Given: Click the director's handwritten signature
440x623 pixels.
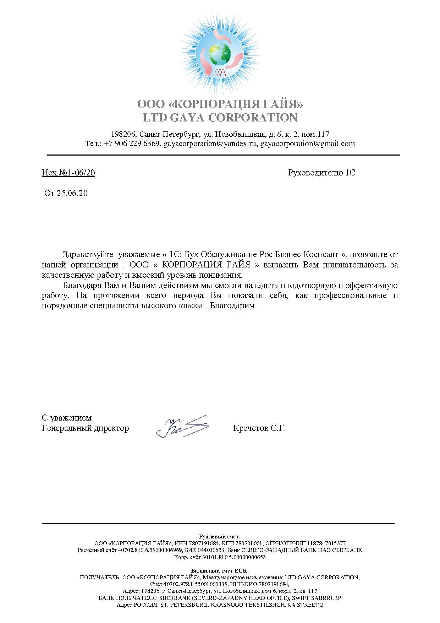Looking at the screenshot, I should click(183, 426).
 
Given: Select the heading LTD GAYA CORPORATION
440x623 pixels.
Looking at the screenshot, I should click(220, 118).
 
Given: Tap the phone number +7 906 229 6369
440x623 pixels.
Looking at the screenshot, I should click(132, 143).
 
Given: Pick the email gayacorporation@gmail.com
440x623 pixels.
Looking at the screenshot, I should click(308, 143).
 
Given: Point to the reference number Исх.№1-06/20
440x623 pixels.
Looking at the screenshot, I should click(68, 173).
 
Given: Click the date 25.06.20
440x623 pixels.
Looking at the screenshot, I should click(72, 194).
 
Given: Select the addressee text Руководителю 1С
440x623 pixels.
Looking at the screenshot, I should click(321, 173).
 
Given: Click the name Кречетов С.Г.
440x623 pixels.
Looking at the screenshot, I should click(259, 428).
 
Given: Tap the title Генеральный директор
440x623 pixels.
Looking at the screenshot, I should click(86, 428).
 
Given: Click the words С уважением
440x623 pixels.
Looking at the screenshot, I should click(67, 418).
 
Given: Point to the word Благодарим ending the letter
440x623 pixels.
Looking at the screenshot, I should click(232, 306).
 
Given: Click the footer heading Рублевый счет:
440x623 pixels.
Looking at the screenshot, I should click(220, 536).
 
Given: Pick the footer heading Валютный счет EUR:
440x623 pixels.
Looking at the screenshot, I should click(220, 570).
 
